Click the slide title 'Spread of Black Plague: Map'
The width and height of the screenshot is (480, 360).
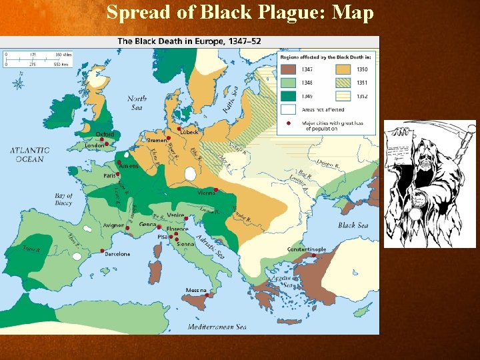coord(240,12)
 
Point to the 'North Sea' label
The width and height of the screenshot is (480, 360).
coord(137,103)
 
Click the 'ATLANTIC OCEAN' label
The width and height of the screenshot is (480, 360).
coord(29,155)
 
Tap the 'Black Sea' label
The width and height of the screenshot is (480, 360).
coord(353,225)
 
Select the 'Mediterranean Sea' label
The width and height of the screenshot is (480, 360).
coord(217,327)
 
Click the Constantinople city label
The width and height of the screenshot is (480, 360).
coord(307,249)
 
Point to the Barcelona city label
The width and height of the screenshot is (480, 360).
coord(117,254)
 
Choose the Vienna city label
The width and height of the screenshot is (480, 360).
coord(206,193)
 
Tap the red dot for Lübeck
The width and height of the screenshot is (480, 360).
coord(179,128)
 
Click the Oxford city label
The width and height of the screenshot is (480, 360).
coord(105,134)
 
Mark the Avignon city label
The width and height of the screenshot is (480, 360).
coord(113,225)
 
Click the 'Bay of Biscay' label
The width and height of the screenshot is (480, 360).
coord(63,199)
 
